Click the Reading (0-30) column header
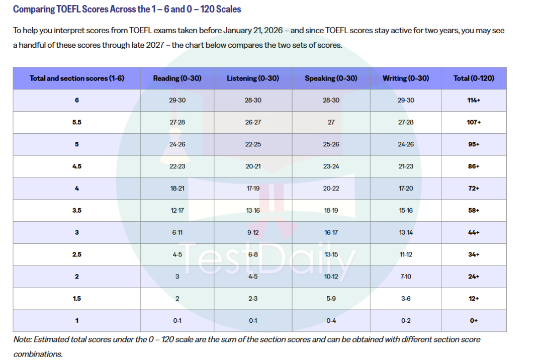point(177,78)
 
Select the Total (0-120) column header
point(474,78)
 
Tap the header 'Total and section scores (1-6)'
point(77,78)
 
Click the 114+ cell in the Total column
point(474,100)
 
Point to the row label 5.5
point(77,122)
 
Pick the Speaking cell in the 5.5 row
point(331,122)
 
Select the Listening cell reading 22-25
point(253,144)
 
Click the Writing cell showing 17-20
point(406,189)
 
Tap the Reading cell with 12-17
point(177,211)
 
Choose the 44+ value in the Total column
point(474,232)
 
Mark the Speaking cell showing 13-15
point(331,254)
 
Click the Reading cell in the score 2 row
point(177,277)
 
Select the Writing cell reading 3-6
point(406,298)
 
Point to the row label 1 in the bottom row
point(77,321)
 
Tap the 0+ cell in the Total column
point(474,321)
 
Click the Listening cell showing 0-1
point(253,321)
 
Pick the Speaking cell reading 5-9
point(331,298)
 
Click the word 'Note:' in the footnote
point(23,339)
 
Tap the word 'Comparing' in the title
point(34,10)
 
